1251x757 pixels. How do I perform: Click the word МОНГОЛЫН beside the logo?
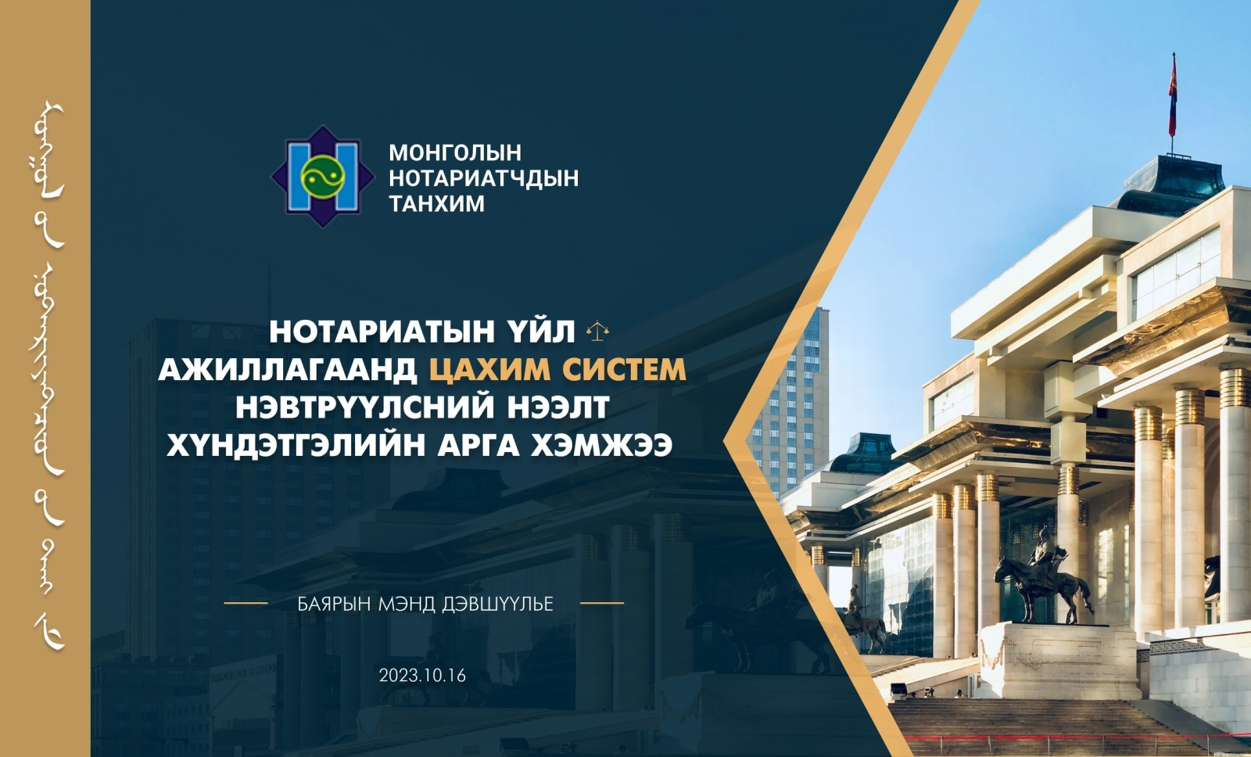coord(454,152)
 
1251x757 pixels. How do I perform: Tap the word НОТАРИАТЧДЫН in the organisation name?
coord(484,178)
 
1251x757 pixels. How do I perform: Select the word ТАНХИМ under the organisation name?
coord(437,204)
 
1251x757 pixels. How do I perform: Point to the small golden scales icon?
coord(597,331)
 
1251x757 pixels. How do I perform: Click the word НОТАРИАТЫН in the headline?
coord(382,332)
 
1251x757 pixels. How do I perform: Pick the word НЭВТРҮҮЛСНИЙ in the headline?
coord(365,407)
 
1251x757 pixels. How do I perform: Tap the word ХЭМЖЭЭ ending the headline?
coord(601,445)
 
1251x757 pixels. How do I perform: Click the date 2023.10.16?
coord(422,676)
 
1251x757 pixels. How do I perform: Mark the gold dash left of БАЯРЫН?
coord(246,604)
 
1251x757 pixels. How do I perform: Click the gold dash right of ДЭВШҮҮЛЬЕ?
coord(602,604)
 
